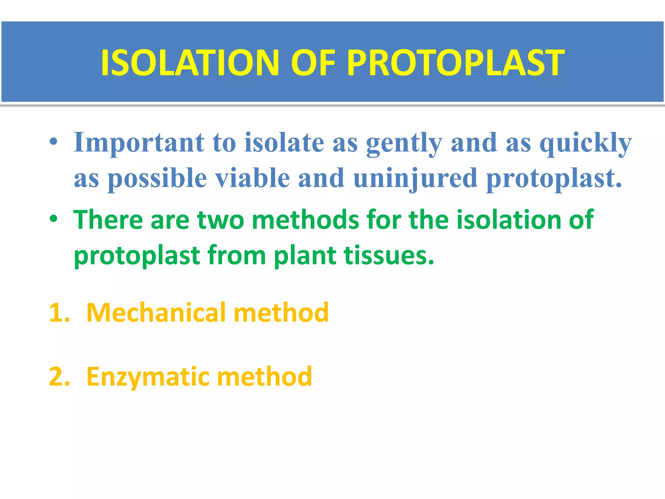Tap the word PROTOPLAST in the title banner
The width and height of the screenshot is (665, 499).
456,63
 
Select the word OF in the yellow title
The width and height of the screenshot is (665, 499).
313,63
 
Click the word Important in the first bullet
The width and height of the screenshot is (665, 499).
139,143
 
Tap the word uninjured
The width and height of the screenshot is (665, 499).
415,179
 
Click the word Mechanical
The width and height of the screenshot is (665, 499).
156,313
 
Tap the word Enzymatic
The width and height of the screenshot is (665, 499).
148,377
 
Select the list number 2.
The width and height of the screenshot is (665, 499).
58,377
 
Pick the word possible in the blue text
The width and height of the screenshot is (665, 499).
157,179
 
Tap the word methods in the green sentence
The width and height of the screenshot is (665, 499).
305,220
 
